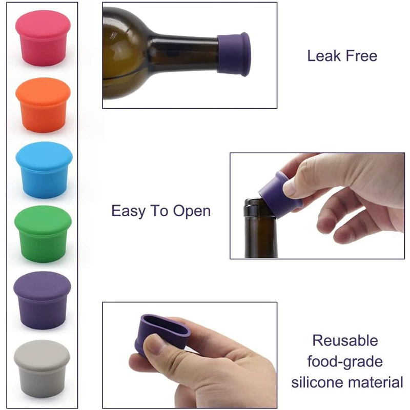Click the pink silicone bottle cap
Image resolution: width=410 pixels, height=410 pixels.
click(43, 38)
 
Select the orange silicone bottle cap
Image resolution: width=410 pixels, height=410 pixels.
click(43, 105)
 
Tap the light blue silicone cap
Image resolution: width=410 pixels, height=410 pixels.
click(44, 170)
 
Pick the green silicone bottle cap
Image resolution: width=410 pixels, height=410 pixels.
click(43, 234)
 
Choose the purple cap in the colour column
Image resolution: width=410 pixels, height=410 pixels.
click(42, 300)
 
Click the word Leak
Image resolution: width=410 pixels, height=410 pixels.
click(324, 56)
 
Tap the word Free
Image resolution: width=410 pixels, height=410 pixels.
click(362, 56)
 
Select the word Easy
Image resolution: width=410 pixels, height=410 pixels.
click(128, 211)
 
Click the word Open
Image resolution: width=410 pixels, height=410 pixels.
click(192, 211)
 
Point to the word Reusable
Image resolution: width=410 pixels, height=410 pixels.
click(345, 341)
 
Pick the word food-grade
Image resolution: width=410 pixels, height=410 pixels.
click(345, 362)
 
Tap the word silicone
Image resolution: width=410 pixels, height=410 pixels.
click(317, 382)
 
